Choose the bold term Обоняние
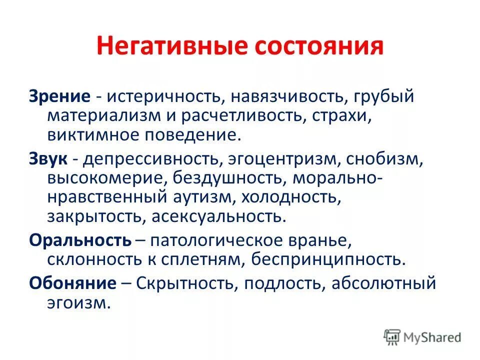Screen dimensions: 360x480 tap(72, 283)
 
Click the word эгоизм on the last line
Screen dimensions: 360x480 tap(78, 303)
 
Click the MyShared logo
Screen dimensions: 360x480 tap(422, 336)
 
